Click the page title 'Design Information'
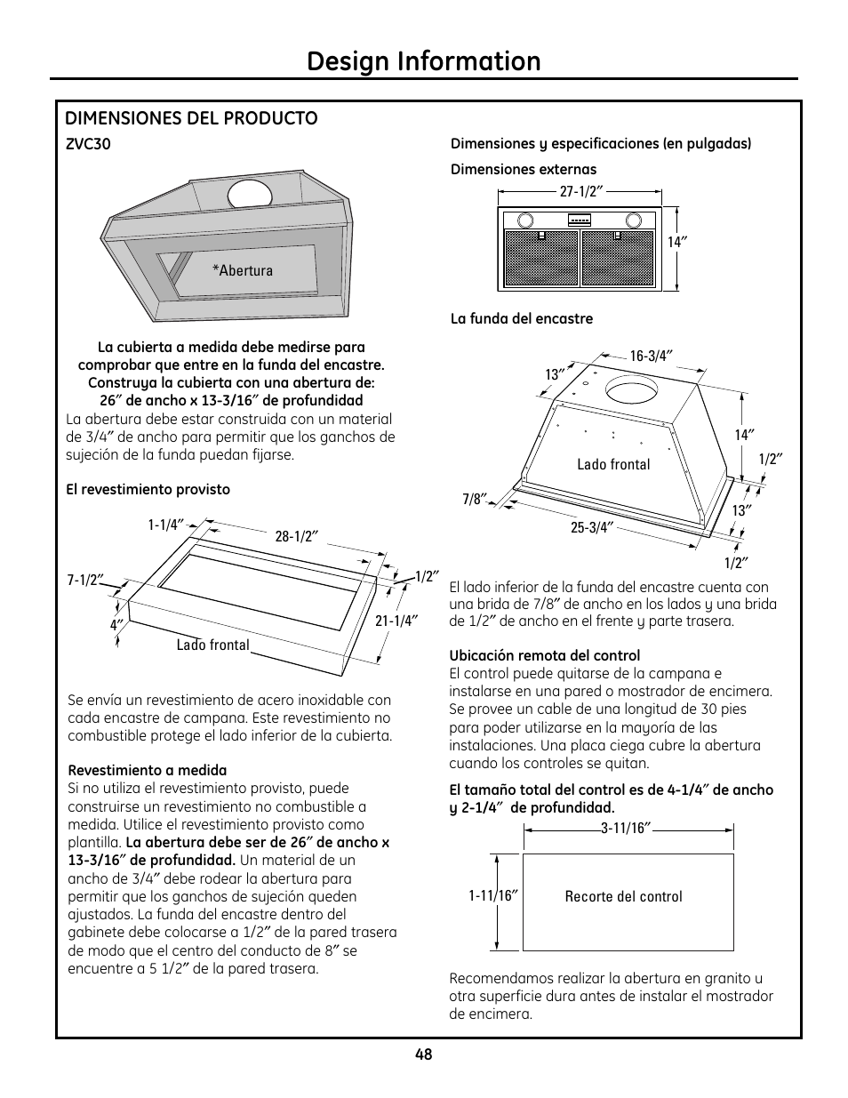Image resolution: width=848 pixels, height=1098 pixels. tap(423, 61)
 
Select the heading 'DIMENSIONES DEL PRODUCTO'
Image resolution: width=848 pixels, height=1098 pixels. tap(191, 118)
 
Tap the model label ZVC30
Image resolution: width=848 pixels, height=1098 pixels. tap(88, 144)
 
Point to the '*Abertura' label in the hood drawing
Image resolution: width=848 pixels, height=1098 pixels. tap(242, 270)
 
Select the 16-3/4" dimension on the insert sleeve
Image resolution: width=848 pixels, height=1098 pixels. tap(651, 356)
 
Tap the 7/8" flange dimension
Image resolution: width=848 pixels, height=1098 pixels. tap(471, 499)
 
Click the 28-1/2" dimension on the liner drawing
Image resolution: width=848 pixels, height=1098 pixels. tap(296, 536)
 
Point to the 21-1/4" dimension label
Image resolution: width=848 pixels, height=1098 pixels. tap(396, 621)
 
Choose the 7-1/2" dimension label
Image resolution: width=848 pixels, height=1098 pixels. tap(85, 580)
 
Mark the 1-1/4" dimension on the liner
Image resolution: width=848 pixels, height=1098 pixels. tap(165, 525)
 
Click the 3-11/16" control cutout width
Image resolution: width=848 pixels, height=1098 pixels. tap(627, 828)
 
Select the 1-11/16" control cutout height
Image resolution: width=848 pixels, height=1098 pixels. tap(492, 895)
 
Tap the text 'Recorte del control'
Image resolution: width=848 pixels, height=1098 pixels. tap(623, 896)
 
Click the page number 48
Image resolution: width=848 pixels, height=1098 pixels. tap(423, 1054)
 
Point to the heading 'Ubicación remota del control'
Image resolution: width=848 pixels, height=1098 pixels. tap(544, 656)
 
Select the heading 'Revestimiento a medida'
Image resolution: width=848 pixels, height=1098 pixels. tap(147, 770)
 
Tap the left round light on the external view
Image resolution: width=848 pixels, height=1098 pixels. tap(525, 220)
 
